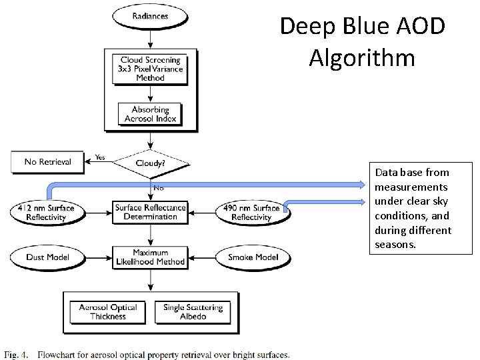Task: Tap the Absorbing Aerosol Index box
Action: pyautogui.click(x=151, y=114)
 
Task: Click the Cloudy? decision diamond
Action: pyautogui.click(x=151, y=161)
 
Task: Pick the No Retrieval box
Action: pyautogui.click(x=47, y=161)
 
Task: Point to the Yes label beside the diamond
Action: pyautogui.click(x=101, y=157)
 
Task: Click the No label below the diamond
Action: pyautogui.click(x=159, y=188)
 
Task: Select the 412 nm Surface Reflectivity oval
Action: pyautogui.click(x=47, y=213)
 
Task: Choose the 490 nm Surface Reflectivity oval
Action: pyautogui.click(x=251, y=213)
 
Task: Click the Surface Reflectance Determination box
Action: pyautogui.click(x=151, y=212)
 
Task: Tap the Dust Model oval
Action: pyautogui.click(x=47, y=257)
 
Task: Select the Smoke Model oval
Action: pyautogui.click(x=253, y=257)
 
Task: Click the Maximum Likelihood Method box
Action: pyautogui.click(x=151, y=257)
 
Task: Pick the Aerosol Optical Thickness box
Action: pyautogui.click(x=107, y=311)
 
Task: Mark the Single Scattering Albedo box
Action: pyautogui.click(x=193, y=311)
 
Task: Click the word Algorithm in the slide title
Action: pyautogui.click(x=361, y=57)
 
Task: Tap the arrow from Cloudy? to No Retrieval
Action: pyautogui.click(x=100, y=162)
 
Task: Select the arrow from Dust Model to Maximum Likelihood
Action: pyautogui.click(x=101, y=257)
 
